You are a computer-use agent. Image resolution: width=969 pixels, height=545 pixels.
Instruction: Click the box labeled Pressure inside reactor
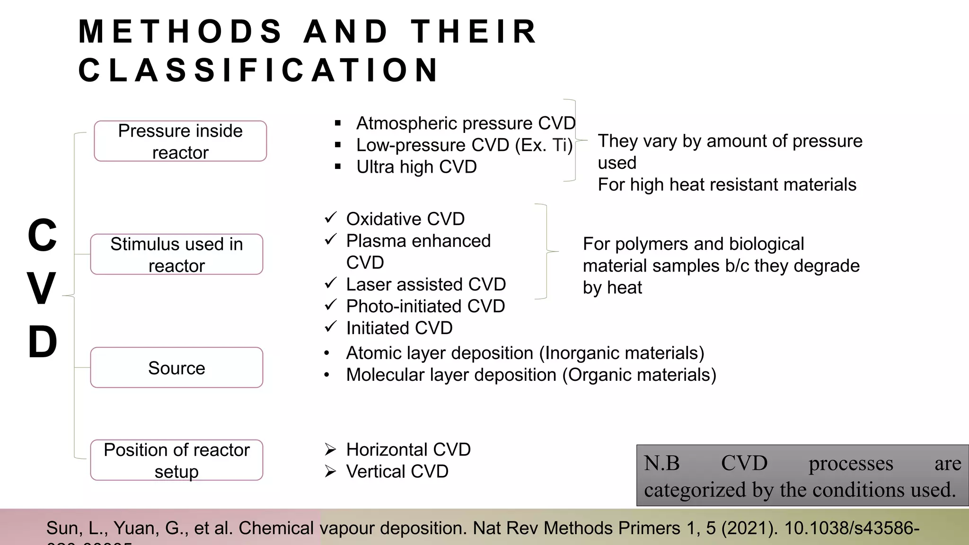click(x=180, y=141)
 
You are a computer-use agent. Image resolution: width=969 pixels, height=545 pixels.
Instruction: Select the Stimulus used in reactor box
click(x=176, y=255)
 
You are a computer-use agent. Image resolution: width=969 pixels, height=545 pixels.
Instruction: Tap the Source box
click(x=176, y=368)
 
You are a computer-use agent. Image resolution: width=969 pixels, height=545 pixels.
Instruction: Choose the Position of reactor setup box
click(x=176, y=460)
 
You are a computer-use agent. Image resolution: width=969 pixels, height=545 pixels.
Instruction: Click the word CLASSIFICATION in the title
click(x=259, y=70)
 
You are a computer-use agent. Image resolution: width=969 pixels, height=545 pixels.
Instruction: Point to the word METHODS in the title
click(x=180, y=32)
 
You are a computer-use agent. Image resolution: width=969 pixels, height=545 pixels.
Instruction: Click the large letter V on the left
click(x=42, y=289)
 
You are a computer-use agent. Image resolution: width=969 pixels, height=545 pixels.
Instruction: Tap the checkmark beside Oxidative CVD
click(x=330, y=218)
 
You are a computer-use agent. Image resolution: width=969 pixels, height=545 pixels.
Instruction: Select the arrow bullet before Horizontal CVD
click(x=330, y=449)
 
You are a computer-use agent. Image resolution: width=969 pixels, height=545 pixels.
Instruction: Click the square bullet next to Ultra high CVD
click(x=338, y=167)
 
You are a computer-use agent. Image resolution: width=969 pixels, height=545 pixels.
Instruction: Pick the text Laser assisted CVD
click(x=426, y=284)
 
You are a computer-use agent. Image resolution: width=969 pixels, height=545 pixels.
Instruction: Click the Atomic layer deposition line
click(x=525, y=353)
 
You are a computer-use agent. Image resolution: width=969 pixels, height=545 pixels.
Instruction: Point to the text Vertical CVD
click(x=397, y=471)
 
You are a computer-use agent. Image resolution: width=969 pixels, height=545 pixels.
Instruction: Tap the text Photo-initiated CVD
click(x=425, y=306)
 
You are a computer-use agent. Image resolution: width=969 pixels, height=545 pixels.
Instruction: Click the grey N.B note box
click(x=802, y=475)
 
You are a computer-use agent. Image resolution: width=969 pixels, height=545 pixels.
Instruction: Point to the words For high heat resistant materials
click(x=727, y=185)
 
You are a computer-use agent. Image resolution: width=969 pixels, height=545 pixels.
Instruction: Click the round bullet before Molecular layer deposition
click(x=326, y=375)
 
